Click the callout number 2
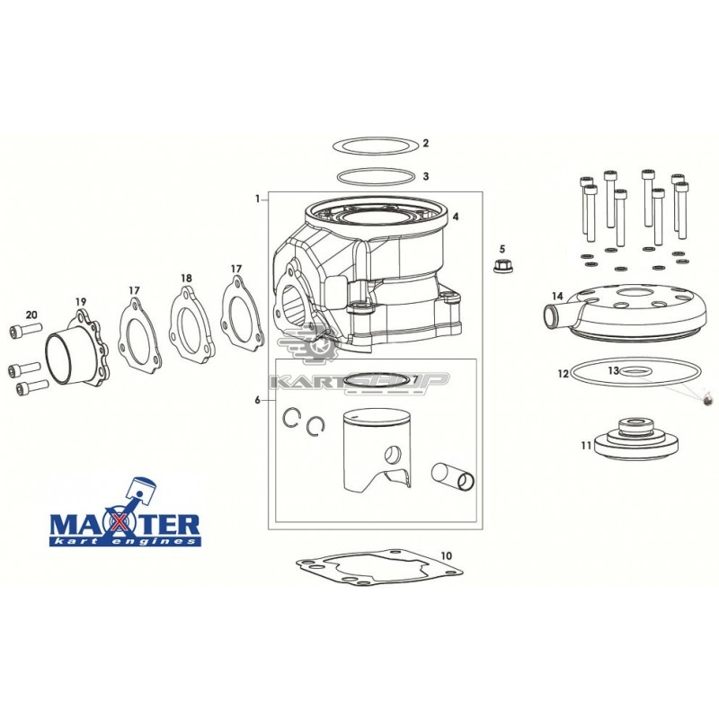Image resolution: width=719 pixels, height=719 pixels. pos(425,143)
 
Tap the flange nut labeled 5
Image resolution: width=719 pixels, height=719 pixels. pos(502,265)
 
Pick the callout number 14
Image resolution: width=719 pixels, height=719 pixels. pos(557,296)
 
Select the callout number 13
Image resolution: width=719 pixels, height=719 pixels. pos(614,370)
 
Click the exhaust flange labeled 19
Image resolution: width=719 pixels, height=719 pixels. pos(78,348)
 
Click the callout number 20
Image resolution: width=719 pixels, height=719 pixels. pos(31,315)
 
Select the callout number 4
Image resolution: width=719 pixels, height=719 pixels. pos(456,216)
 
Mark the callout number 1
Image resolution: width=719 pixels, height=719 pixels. pos(258,199)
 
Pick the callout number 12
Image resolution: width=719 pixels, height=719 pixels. pos(564,374)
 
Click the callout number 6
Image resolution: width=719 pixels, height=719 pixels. pos(258,400)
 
